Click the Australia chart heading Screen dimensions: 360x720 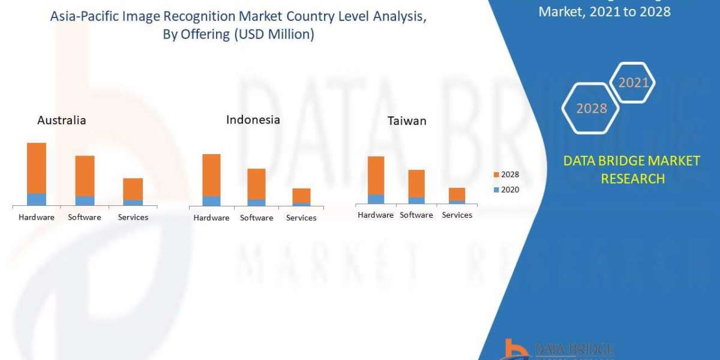pyautogui.click(x=61, y=120)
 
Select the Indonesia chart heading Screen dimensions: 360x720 pyautogui.click(x=253, y=119)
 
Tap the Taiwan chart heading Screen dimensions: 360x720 pyautogui.click(x=407, y=121)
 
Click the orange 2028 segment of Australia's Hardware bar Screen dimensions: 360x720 pyautogui.click(x=37, y=168)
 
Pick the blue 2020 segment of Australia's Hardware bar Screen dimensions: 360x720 pyautogui.click(x=37, y=199)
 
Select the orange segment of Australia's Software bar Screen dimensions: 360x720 pyautogui.click(x=85, y=176)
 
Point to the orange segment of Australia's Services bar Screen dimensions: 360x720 pyautogui.click(x=133, y=189)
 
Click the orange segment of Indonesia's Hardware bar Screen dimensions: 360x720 pyautogui.click(x=211, y=175)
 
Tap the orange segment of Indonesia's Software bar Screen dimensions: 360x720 pyautogui.click(x=256, y=184)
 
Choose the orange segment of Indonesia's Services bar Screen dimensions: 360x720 pyautogui.click(x=301, y=196)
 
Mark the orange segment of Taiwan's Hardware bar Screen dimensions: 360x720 pyautogui.click(x=376, y=175)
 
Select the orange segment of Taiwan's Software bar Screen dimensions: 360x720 pyautogui.click(x=416, y=184)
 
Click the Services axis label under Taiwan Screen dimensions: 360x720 pyautogui.click(x=457, y=215)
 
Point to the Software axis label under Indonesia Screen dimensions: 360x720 pyautogui.click(x=256, y=218)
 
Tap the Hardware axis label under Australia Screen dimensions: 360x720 pyautogui.click(x=37, y=217)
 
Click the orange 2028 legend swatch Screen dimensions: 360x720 pyautogui.click(x=496, y=175)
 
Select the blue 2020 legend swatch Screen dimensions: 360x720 pyautogui.click(x=496, y=190)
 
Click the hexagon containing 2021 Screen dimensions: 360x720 pyautogui.click(x=632, y=83)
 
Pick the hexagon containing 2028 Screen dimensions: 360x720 pyautogui.click(x=590, y=109)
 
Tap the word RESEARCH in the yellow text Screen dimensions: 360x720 pyautogui.click(x=632, y=178)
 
